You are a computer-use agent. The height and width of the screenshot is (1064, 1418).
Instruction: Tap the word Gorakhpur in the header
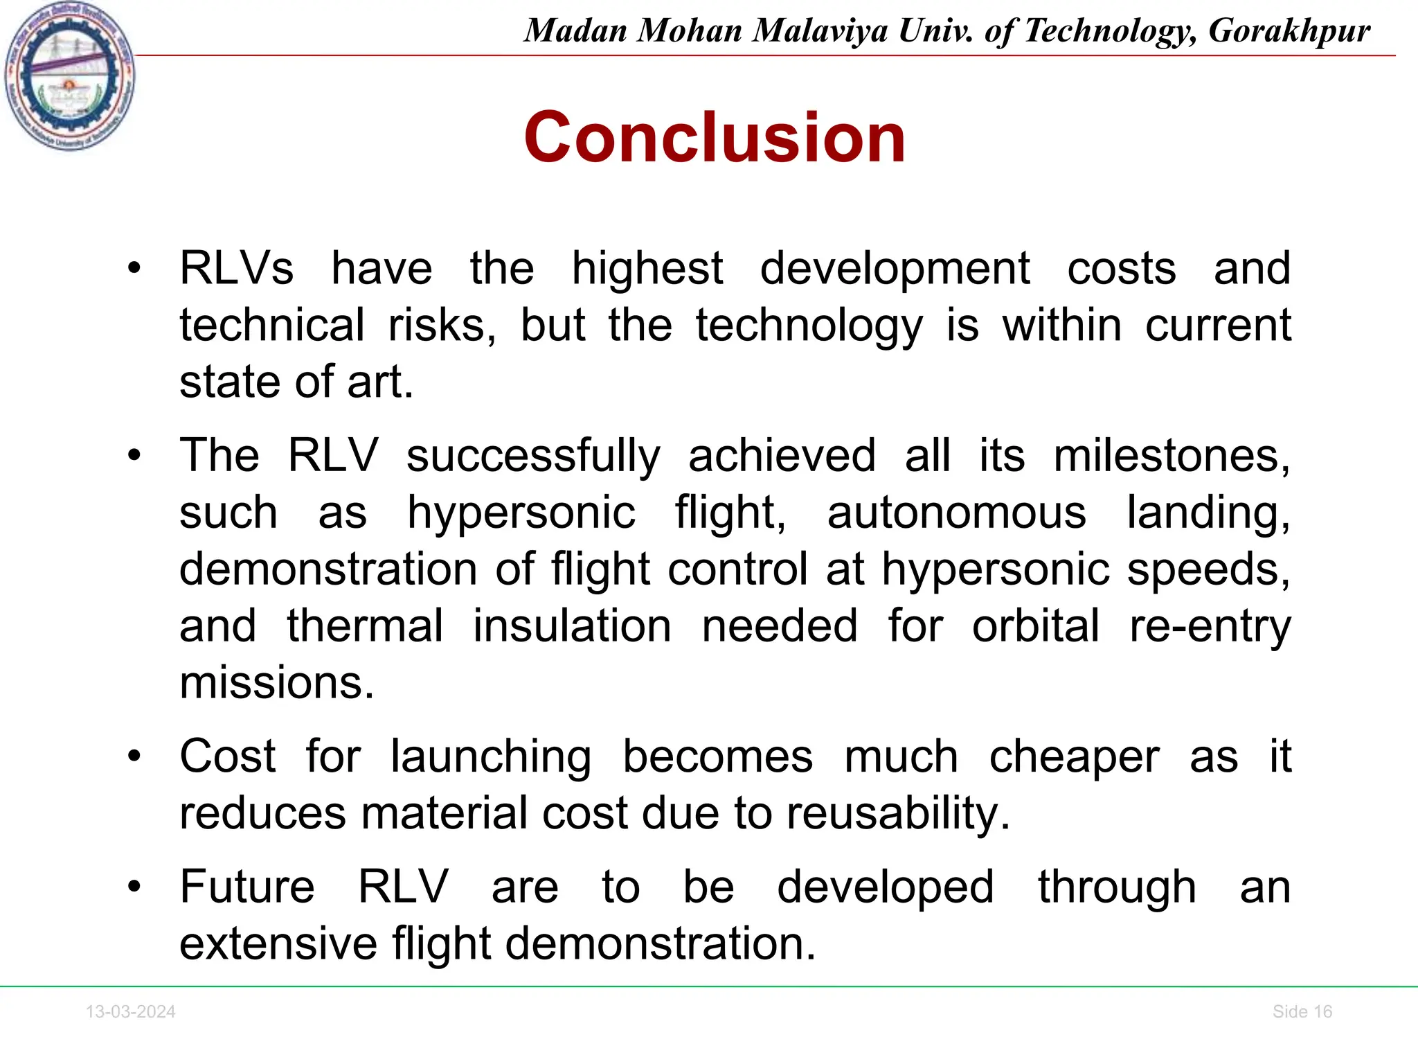1289,30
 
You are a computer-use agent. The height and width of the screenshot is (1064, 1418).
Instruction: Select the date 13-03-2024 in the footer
130,1012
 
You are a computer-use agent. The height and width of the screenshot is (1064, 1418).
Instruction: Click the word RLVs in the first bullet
236,269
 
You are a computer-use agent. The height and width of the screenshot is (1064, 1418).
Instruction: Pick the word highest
647,269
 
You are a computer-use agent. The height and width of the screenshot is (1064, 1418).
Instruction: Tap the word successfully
533,457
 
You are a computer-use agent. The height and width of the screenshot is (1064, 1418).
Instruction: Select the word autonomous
956,513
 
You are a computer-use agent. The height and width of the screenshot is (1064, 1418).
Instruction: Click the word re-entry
1210,627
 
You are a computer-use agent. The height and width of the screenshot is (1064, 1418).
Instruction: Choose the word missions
276,683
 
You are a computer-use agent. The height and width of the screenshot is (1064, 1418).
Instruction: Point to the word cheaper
1073,756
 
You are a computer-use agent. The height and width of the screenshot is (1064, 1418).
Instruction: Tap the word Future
247,887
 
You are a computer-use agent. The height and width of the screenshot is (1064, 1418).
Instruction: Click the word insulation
572,627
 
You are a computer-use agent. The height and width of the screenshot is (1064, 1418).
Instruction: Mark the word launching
491,756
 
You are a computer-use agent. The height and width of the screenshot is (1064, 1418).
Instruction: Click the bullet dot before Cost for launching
134,756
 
